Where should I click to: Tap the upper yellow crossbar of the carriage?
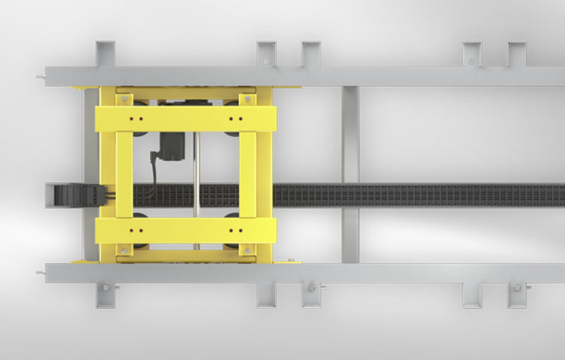tap(186, 119)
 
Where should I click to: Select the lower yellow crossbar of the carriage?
tap(186, 231)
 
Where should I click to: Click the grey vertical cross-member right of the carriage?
tap(349, 174)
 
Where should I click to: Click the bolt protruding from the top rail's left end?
tap(40, 77)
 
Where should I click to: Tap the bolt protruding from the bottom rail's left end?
tap(40, 273)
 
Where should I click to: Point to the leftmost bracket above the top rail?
tap(105, 54)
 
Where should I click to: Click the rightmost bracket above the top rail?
tap(517, 54)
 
